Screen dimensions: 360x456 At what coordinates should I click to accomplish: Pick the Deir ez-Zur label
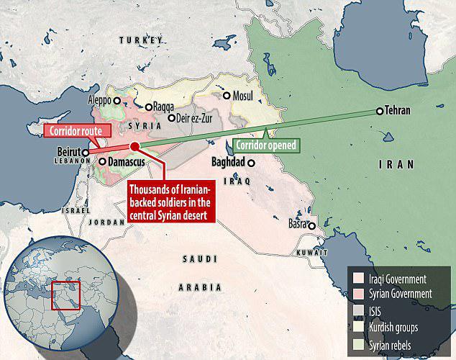click(196, 118)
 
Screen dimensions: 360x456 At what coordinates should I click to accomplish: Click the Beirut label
click(68, 152)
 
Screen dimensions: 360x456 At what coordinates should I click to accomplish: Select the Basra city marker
click(312, 225)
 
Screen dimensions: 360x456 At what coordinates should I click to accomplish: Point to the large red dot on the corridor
click(134, 147)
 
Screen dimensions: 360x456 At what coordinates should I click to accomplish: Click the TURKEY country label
click(137, 40)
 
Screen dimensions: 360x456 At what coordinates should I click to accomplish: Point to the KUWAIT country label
click(314, 253)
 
